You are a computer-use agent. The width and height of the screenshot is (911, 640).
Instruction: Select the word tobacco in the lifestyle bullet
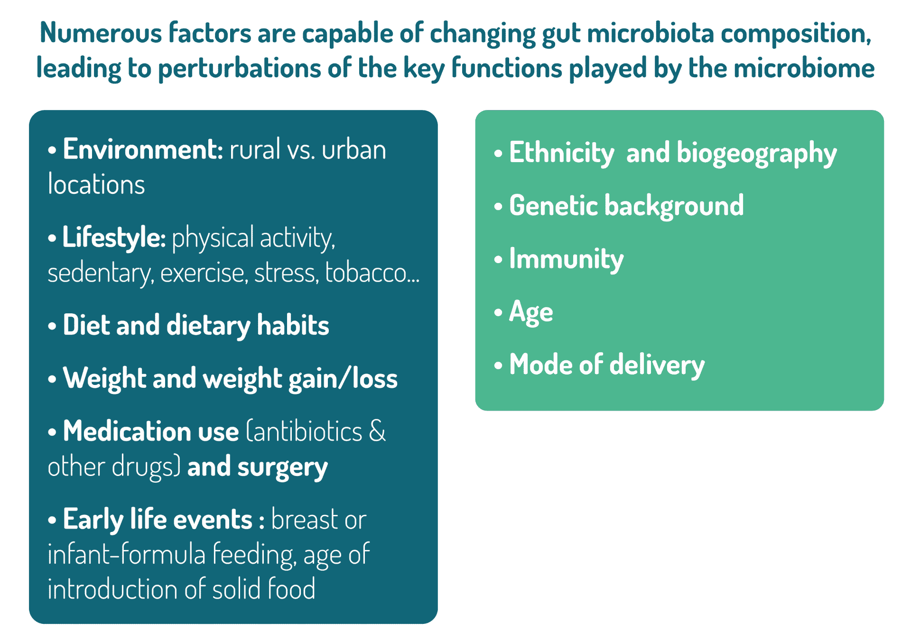366,273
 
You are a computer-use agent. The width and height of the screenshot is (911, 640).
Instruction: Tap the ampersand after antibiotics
377,431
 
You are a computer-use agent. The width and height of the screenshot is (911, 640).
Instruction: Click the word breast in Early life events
305,520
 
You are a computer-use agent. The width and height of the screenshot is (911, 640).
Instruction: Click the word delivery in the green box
657,366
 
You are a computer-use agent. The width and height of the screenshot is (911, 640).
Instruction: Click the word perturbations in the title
239,69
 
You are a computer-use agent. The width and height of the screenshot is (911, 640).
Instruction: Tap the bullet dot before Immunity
498,260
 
